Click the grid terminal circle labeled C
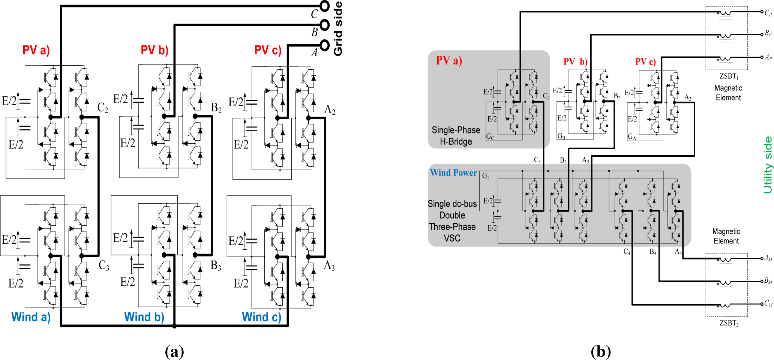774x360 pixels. point(324,6)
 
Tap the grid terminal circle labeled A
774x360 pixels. point(324,45)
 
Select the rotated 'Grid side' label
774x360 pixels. point(338,28)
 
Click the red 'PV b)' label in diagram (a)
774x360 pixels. point(154,50)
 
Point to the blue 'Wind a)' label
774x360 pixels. point(31,317)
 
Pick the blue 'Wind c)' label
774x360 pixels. point(261,317)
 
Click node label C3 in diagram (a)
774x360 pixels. point(104,265)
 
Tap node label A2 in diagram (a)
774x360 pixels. point(330,109)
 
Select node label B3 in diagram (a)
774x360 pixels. point(216,265)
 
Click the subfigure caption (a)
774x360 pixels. point(174,351)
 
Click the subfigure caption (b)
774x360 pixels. point(600,351)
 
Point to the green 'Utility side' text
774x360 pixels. point(768,165)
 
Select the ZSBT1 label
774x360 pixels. point(729,76)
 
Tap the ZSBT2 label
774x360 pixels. point(729,323)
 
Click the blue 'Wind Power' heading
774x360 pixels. point(453,173)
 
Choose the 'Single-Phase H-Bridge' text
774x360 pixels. point(456,136)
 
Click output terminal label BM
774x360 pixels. point(768,281)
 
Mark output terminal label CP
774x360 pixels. point(768,13)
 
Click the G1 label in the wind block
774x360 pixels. point(486,176)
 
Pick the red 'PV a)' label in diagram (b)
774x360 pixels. point(448,60)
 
